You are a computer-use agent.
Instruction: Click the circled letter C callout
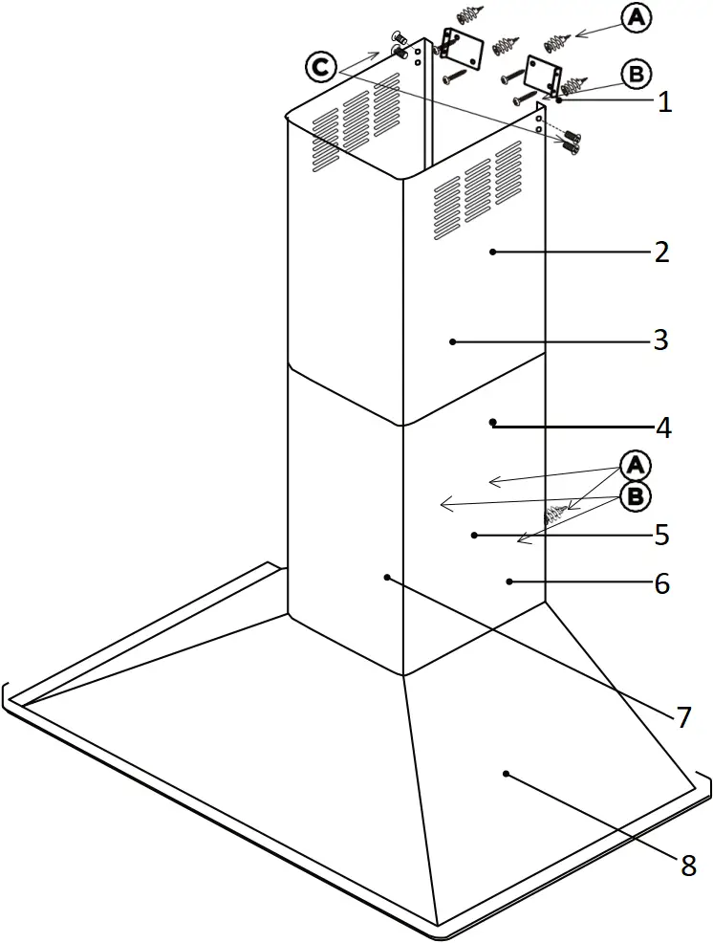tap(320, 68)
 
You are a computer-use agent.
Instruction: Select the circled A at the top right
tap(637, 19)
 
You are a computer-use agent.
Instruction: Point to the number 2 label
tap(661, 253)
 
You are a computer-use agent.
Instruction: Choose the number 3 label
tap(660, 340)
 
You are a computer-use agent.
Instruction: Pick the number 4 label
tap(662, 428)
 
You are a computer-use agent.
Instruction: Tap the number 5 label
tap(661, 535)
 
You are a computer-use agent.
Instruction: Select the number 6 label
tap(660, 582)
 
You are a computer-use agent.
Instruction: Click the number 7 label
tap(682, 717)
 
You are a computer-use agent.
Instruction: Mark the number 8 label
tap(688, 866)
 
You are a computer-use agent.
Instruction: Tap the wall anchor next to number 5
tap(555, 515)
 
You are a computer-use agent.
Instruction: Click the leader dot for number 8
tap(507, 773)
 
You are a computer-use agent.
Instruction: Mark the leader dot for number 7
tap(386, 577)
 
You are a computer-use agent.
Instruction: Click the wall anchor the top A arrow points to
tap(557, 41)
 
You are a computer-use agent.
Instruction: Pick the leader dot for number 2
tap(492, 252)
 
